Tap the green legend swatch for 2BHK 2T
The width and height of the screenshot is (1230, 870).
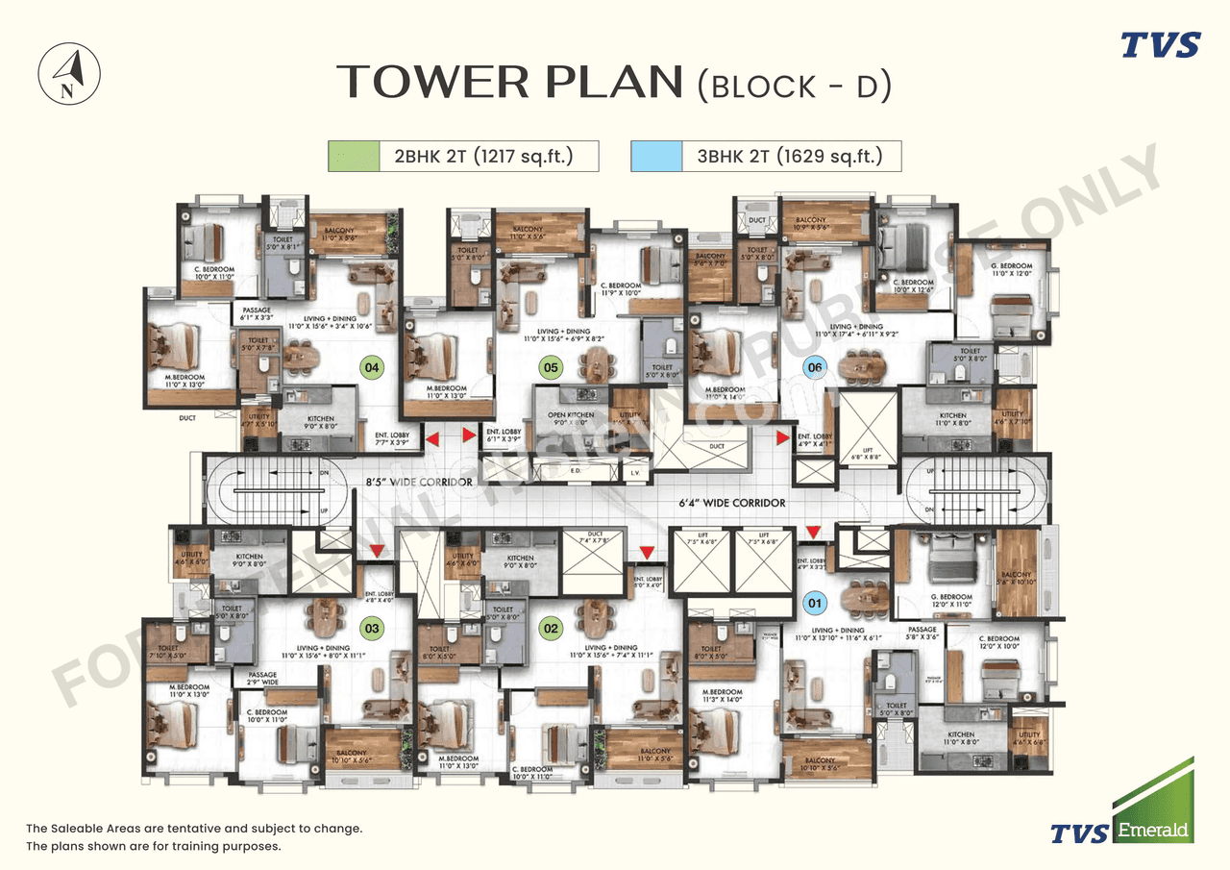[x=353, y=156]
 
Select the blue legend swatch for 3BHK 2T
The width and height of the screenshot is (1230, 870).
[x=655, y=156]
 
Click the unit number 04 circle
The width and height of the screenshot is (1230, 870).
[x=370, y=365]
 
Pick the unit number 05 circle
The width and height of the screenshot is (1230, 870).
[x=550, y=366]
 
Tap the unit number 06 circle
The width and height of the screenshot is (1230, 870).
[x=815, y=366]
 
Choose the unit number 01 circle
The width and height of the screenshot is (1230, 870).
[x=815, y=604]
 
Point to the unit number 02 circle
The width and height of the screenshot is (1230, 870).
[x=551, y=629]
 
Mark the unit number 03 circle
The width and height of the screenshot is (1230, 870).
[x=371, y=629]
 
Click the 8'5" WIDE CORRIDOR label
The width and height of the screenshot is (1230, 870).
[x=417, y=482]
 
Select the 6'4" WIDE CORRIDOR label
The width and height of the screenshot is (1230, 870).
[x=732, y=503]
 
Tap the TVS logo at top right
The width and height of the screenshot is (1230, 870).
[x=1161, y=45]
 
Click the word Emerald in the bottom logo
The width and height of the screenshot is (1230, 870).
[x=1152, y=829]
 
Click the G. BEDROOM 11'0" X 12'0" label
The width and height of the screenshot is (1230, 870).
[x=1011, y=270]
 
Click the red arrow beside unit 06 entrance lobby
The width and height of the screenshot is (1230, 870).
[x=783, y=437]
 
